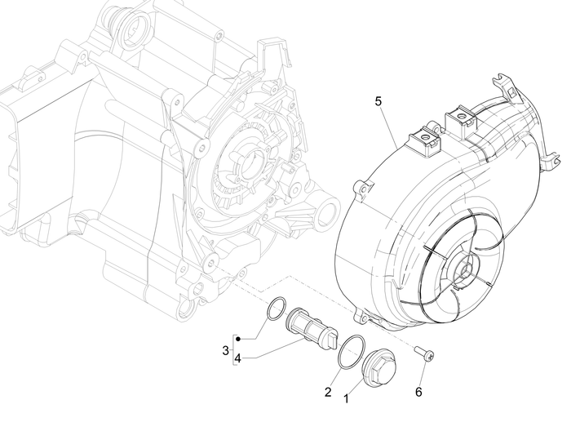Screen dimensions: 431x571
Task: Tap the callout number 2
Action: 327,392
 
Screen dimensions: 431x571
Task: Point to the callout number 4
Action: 237,358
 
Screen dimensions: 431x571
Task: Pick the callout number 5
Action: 378,101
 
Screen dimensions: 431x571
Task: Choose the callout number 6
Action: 418,391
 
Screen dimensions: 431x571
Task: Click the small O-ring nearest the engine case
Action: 277,311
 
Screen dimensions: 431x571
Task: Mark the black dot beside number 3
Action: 237,337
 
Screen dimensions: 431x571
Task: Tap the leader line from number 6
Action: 421,371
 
